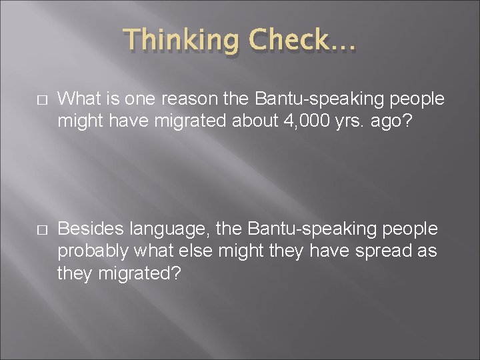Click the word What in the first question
pos(79,99)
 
